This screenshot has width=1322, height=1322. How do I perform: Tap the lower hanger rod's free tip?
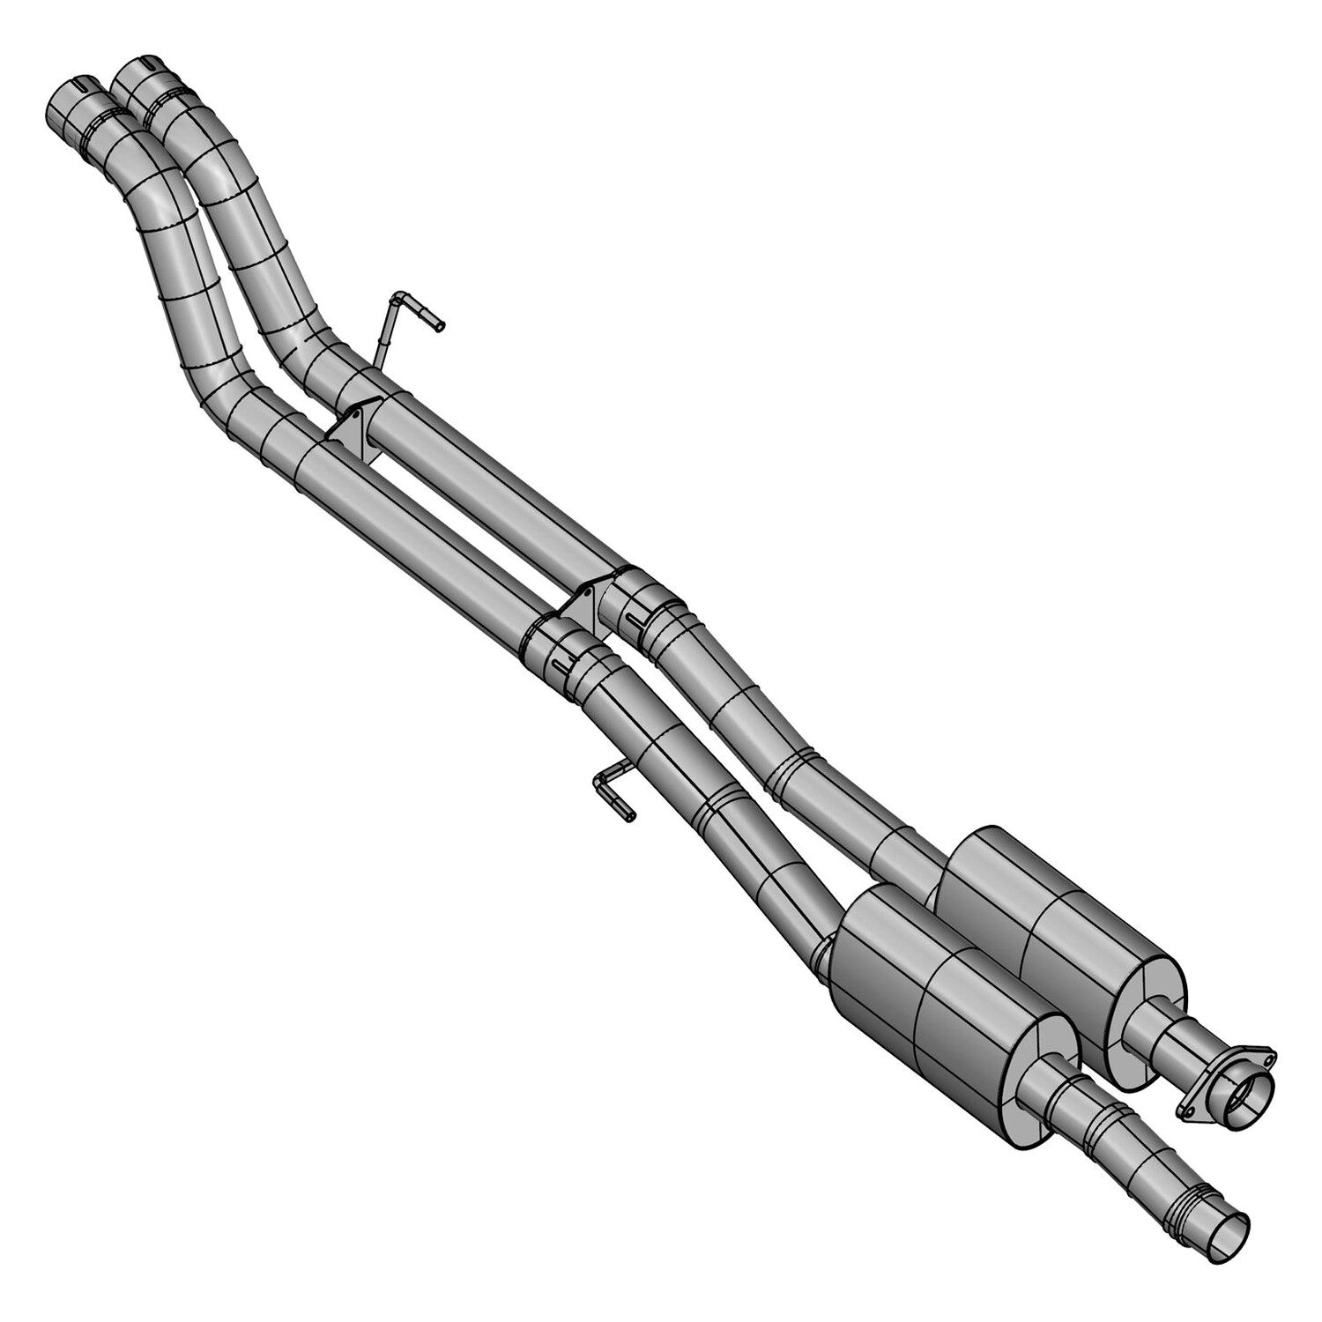coord(629,817)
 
